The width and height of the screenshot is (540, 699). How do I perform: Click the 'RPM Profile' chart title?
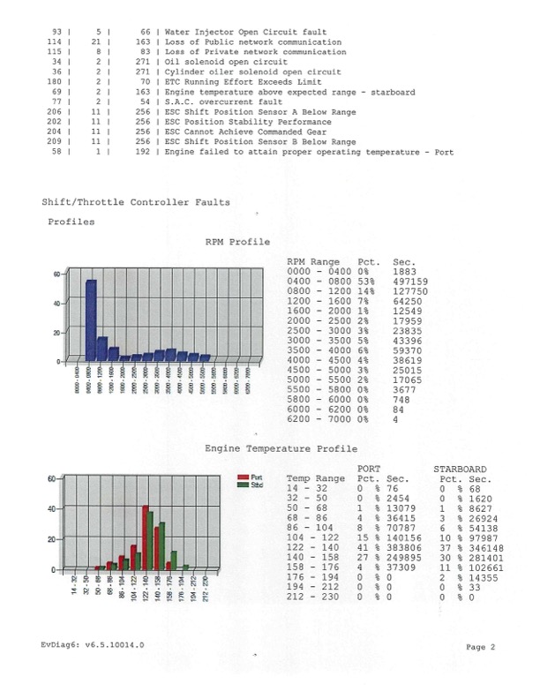[x=236, y=241]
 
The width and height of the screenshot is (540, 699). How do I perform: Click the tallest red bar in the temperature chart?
[x=145, y=537]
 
